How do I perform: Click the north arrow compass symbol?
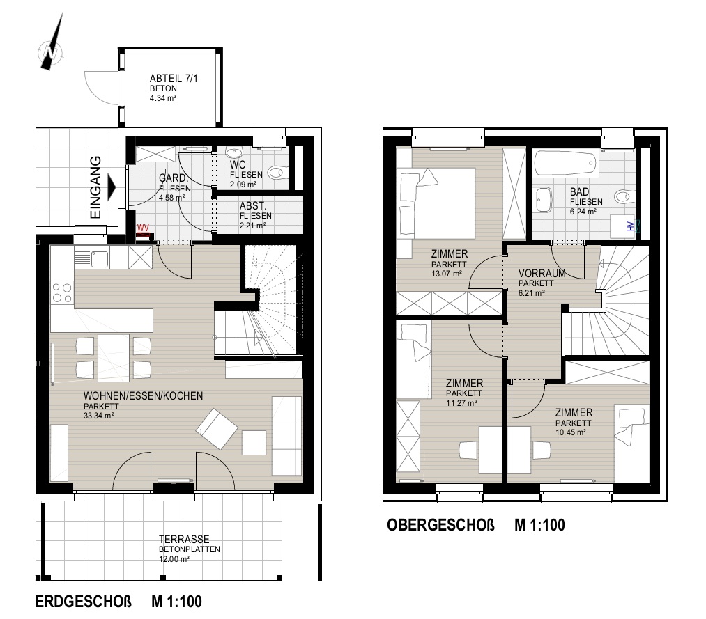[51, 45]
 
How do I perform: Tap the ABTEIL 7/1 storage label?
[174, 78]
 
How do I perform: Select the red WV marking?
[143, 228]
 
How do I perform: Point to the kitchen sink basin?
[99, 258]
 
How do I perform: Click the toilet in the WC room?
[276, 172]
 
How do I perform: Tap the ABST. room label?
[252, 206]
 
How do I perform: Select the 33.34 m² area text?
[98, 416]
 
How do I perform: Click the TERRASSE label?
[184, 539]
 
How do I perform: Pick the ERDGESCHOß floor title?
[84, 602]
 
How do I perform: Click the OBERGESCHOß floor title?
[440, 525]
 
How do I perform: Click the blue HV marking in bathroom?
[631, 226]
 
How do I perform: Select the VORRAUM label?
[542, 274]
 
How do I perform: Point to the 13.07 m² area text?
[447, 274]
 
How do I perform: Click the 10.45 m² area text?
[571, 432]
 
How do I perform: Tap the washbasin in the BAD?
[544, 200]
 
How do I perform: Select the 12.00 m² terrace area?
[174, 559]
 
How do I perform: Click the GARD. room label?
[172, 178]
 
